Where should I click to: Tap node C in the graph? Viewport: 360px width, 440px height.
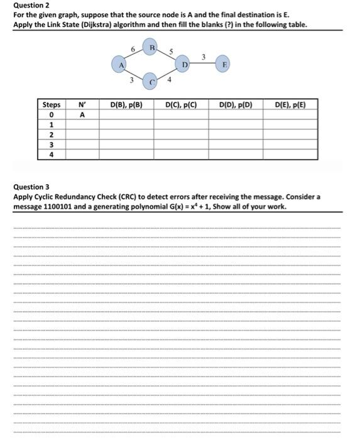[151, 80]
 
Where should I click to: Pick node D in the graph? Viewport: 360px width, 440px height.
[185, 63]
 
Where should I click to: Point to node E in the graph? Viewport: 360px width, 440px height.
[224, 63]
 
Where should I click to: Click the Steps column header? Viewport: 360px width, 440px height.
[52, 105]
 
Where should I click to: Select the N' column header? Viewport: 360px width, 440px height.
[82, 105]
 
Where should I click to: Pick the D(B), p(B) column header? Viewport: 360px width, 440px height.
[126, 105]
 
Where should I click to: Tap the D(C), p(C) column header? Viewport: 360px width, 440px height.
[181, 105]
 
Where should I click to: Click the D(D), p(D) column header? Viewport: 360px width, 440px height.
[236, 105]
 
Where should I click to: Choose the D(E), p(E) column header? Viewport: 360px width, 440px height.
[290, 105]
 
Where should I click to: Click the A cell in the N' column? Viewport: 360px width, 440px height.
[82, 115]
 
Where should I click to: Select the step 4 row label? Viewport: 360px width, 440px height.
[52, 153]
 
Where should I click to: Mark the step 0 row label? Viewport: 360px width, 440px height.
[52, 115]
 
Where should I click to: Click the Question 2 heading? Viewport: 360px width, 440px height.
[31, 5]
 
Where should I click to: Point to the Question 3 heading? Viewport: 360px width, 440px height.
[31, 187]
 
